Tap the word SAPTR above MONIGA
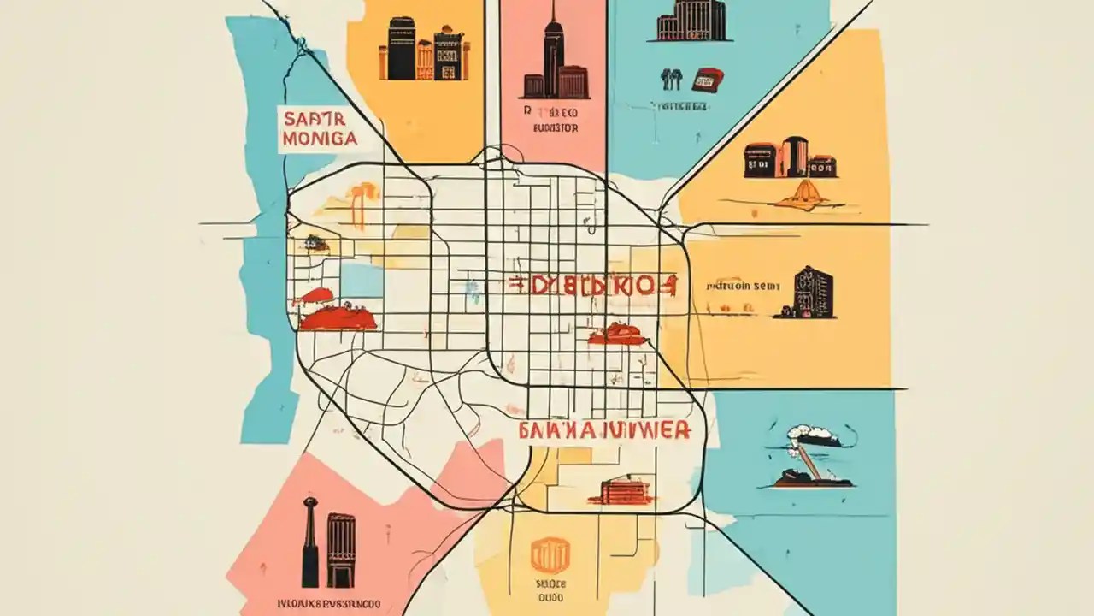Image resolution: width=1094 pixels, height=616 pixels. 313,120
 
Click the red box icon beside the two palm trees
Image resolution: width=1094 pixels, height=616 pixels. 708,80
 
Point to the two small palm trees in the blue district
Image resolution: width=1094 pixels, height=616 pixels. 671,80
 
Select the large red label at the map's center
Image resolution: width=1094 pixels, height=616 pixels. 593,287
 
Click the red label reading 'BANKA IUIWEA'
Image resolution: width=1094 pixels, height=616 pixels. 605,429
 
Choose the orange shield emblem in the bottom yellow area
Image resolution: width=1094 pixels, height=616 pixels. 550,555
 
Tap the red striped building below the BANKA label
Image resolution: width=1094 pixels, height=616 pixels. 625,491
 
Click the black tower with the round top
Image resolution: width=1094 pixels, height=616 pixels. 309,541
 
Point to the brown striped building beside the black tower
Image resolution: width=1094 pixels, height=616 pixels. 340,549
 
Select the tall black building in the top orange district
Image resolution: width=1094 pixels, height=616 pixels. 401,49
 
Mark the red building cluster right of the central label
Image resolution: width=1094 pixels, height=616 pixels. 618,334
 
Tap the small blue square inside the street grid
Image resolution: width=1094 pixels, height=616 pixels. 362,280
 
